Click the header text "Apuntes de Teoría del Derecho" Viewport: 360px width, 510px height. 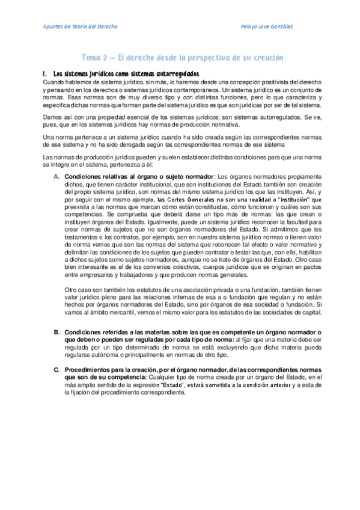pos(81,27)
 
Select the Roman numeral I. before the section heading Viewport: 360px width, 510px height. pos(46,73)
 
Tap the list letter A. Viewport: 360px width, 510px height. pos(56,176)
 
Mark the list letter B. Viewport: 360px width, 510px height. pos(56,332)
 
